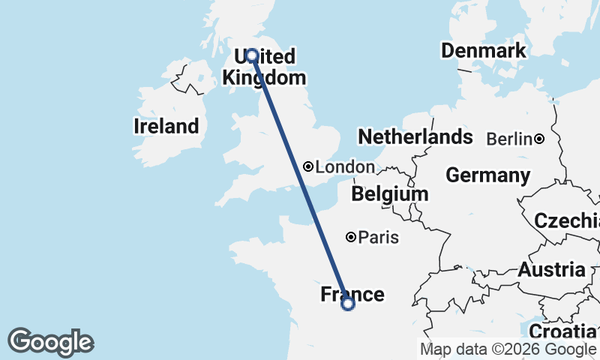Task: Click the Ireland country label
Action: point(166,127)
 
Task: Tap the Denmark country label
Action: point(483,51)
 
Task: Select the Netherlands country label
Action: point(415,137)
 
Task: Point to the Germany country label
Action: point(487,175)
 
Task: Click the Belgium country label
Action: point(389,194)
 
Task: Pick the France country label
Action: point(352,295)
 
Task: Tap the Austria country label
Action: point(551,270)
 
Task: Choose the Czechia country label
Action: point(566,221)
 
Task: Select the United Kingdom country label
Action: point(265,67)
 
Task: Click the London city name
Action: point(344,167)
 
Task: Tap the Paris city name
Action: point(378,238)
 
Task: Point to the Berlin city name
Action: point(509,139)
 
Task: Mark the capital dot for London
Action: point(308,166)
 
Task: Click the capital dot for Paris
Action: point(350,237)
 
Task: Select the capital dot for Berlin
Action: point(539,139)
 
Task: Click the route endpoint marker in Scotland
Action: point(252,55)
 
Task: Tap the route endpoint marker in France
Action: point(347,304)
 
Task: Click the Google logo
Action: point(50,342)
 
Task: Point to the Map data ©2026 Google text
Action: point(508,349)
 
